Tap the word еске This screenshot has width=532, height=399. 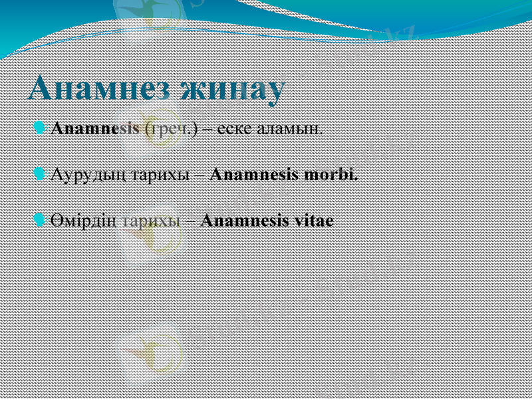click(234, 128)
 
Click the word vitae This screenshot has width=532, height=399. click(313, 221)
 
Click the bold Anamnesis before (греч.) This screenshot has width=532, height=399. click(95, 128)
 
